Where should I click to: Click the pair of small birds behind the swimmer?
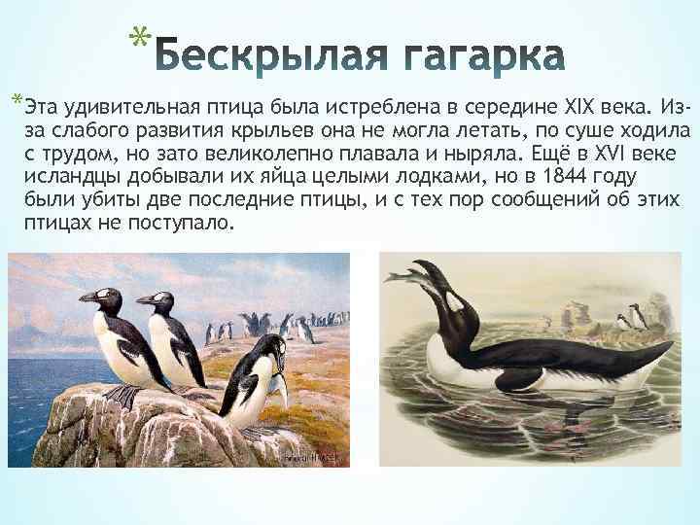pyautogui.click(x=633, y=316)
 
